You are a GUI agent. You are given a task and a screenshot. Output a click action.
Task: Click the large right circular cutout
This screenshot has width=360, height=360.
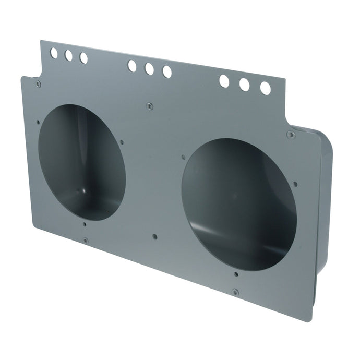click(x=239, y=204)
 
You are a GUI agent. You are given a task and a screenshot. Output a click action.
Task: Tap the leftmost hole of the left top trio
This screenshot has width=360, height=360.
click(x=54, y=52)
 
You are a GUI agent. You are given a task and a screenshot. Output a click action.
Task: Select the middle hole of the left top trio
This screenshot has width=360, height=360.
click(x=68, y=55)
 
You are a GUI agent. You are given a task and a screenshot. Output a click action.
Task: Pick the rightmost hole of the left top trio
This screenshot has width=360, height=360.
click(x=83, y=58)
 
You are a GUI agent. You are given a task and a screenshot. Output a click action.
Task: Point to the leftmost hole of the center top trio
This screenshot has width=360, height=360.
click(x=132, y=66)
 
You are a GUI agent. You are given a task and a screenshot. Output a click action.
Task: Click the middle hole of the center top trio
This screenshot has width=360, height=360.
click(x=149, y=69)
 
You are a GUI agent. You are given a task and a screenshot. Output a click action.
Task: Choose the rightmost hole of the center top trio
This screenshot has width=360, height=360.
click(x=167, y=72)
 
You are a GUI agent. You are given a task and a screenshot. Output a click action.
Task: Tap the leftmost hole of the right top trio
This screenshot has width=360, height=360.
click(x=224, y=81)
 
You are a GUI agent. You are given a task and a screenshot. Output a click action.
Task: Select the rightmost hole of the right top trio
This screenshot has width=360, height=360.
click(x=265, y=88)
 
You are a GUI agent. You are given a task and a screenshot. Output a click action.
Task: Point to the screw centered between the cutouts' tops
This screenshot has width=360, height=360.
click(x=149, y=106)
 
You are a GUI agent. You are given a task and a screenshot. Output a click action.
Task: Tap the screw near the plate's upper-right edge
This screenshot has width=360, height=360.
click(x=291, y=135)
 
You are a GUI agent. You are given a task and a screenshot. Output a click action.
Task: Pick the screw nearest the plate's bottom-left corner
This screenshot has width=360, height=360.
click(x=85, y=241)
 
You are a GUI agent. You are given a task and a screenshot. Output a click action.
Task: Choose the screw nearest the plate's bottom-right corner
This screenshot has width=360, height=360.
click(x=235, y=292)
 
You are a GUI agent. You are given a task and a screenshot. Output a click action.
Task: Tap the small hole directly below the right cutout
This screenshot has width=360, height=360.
click(x=236, y=273)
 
